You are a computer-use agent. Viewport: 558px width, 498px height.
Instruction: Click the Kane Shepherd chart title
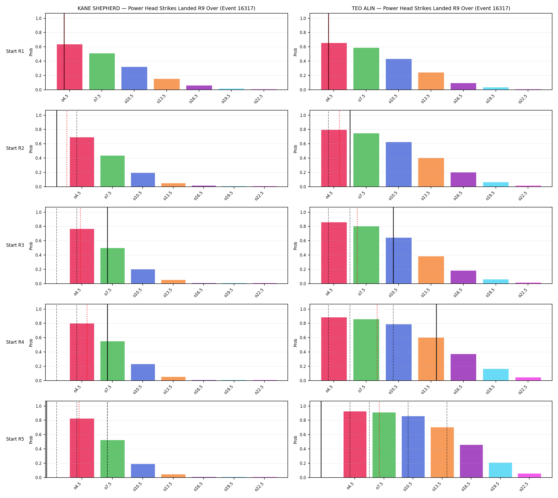(x=166, y=8)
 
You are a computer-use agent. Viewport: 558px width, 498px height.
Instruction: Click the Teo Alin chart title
(x=431, y=8)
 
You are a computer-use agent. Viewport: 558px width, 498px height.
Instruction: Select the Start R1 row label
(x=15, y=52)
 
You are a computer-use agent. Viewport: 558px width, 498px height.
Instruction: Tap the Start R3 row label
(x=15, y=245)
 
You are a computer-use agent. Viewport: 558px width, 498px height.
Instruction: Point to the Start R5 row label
(x=15, y=439)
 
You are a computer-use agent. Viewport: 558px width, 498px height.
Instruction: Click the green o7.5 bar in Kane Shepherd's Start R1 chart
(x=102, y=71)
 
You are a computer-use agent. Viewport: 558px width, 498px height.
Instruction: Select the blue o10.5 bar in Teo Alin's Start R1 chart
(x=398, y=74)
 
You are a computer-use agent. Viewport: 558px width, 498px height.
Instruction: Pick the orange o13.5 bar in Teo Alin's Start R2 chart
(x=431, y=172)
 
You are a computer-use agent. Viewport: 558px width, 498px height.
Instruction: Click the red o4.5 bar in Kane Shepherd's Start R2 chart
(x=82, y=162)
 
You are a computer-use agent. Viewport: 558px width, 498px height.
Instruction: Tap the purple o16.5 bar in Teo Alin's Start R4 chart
(x=463, y=367)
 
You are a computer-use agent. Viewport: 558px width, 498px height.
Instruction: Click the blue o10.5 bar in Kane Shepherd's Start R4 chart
(x=143, y=372)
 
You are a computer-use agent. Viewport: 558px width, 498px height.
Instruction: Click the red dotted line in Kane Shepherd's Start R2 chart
(x=66, y=148)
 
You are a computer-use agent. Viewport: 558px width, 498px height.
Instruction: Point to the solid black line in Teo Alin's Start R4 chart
(x=436, y=342)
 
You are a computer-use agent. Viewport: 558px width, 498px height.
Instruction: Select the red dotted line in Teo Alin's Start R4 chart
(x=377, y=342)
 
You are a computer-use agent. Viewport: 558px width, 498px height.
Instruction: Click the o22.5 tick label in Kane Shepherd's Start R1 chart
(x=258, y=99)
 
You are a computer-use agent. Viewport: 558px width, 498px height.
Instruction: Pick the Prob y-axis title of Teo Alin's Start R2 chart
(x=295, y=148)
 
